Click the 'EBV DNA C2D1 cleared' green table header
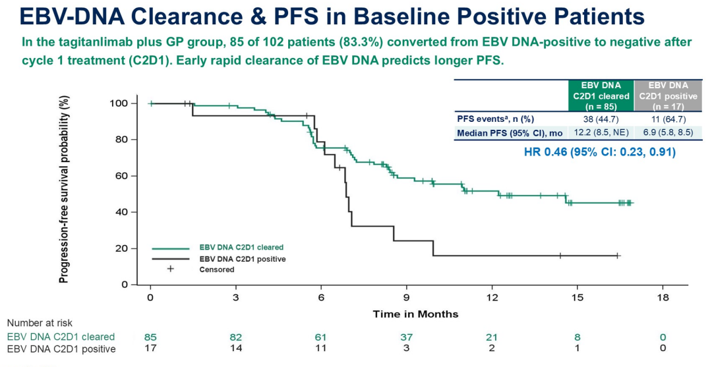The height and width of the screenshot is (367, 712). point(601,96)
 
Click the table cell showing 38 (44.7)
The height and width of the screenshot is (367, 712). point(601,119)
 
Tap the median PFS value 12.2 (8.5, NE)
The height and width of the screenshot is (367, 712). point(601,133)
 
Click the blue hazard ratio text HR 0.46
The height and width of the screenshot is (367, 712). point(599,152)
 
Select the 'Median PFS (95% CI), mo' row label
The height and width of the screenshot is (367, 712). point(510,133)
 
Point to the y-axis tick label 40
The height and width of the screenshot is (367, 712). point(120,212)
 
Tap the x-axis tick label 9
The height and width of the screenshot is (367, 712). point(407,298)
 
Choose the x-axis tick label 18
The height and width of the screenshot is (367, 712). point(663,298)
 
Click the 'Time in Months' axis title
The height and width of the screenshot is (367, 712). point(415,314)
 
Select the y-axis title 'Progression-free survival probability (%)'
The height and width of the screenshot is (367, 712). point(65,190)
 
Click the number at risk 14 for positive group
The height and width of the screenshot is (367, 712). point(235,349)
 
